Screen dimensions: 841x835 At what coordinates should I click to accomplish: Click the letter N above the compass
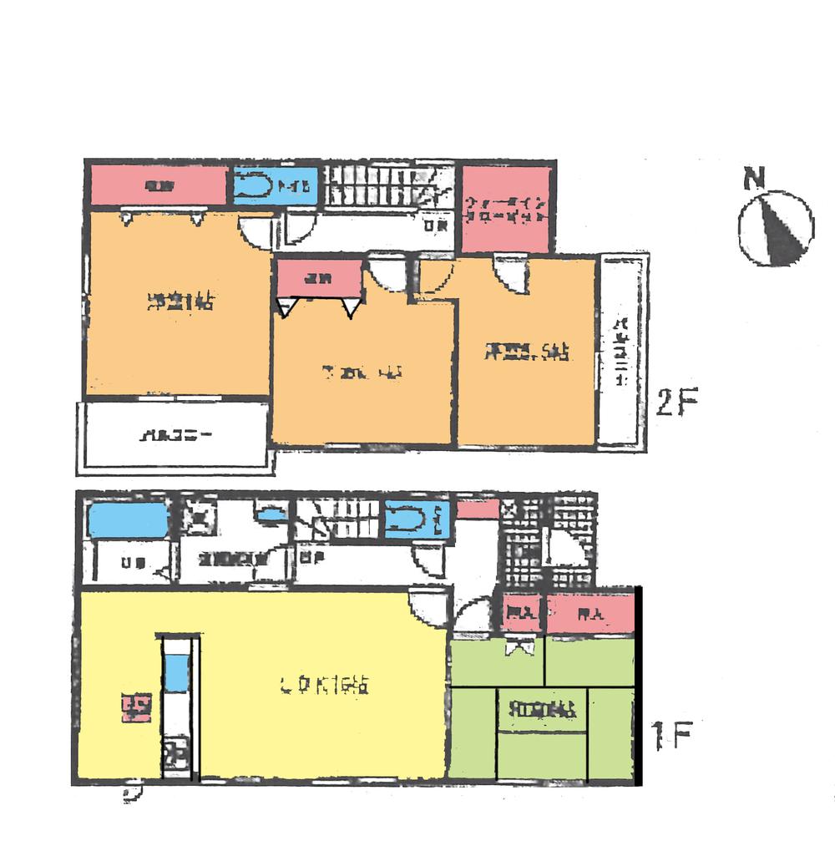coord(755,179)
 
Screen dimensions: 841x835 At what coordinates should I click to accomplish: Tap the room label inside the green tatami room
coord(542,711)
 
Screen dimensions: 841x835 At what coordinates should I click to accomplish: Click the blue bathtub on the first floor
coord(128,521)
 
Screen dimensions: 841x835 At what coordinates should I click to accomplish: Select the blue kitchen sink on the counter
coord(176,673)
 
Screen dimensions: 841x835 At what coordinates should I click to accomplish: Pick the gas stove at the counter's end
coord(175,757)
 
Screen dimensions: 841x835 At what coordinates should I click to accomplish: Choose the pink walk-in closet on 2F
coord(506,209)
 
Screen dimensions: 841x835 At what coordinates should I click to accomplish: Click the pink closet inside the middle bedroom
coord(318,278)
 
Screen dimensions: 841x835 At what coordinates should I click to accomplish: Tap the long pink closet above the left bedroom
coord(157,186)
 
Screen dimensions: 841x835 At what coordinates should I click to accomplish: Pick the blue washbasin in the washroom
coord(270,516)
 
